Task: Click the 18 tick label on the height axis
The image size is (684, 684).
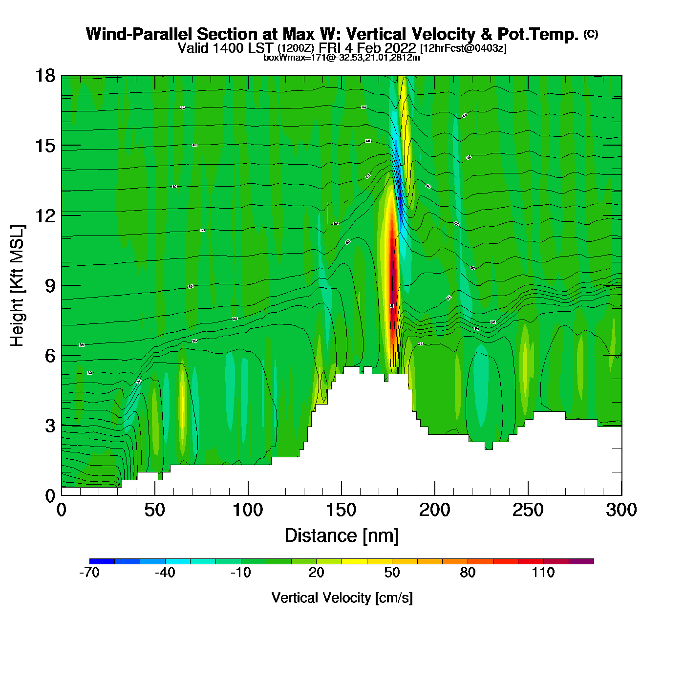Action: (x=44, y=76)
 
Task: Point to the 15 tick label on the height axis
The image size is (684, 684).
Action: (x=44, y=146)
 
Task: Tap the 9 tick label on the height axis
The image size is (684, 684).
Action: (x=50, y=286)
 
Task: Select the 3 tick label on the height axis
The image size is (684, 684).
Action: (x=50, y=426)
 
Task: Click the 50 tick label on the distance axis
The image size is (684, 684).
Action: (x=154, y=510)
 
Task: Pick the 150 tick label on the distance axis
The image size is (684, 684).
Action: (x=341, y=510)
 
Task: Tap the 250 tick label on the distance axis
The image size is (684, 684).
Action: (x=528, y=510)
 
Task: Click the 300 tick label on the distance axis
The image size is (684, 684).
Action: (x=621, y=510)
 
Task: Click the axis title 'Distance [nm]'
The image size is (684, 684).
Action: (x=342, y=536)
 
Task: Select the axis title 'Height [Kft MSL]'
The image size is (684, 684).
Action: (x=17, y=286)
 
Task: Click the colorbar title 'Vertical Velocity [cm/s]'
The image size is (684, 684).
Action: (x=342, y=598)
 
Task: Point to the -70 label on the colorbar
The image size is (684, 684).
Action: (x=89, y=573)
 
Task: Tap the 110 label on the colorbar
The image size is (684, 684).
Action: (x=543, y=573)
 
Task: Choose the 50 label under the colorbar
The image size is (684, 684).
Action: (x=392, y=573)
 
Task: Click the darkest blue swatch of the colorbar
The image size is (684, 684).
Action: (x=102, y=561)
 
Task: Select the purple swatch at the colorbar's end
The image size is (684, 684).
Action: (x=581, y=561)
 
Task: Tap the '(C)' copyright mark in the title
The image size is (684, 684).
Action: (x=591, y=34)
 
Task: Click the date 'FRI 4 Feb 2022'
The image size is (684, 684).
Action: (x=367, y=48)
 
